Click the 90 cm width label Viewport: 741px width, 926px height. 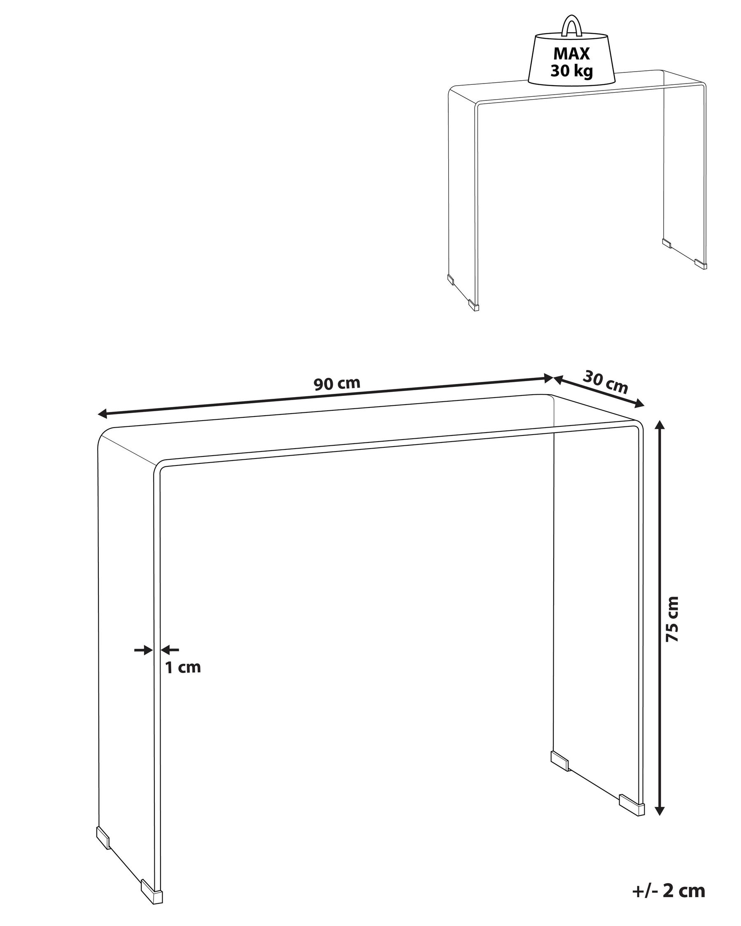coord(337,384)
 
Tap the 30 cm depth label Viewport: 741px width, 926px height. coord(605,382)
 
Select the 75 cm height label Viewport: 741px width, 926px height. coord(672,619)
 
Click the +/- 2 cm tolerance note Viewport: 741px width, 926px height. coord(669,890)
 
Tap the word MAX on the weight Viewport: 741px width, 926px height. coord(571,54)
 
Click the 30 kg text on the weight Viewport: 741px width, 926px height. coord(571,70)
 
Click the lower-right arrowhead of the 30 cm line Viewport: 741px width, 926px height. coord(640,403)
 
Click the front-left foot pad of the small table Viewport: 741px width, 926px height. coord(474,306)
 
